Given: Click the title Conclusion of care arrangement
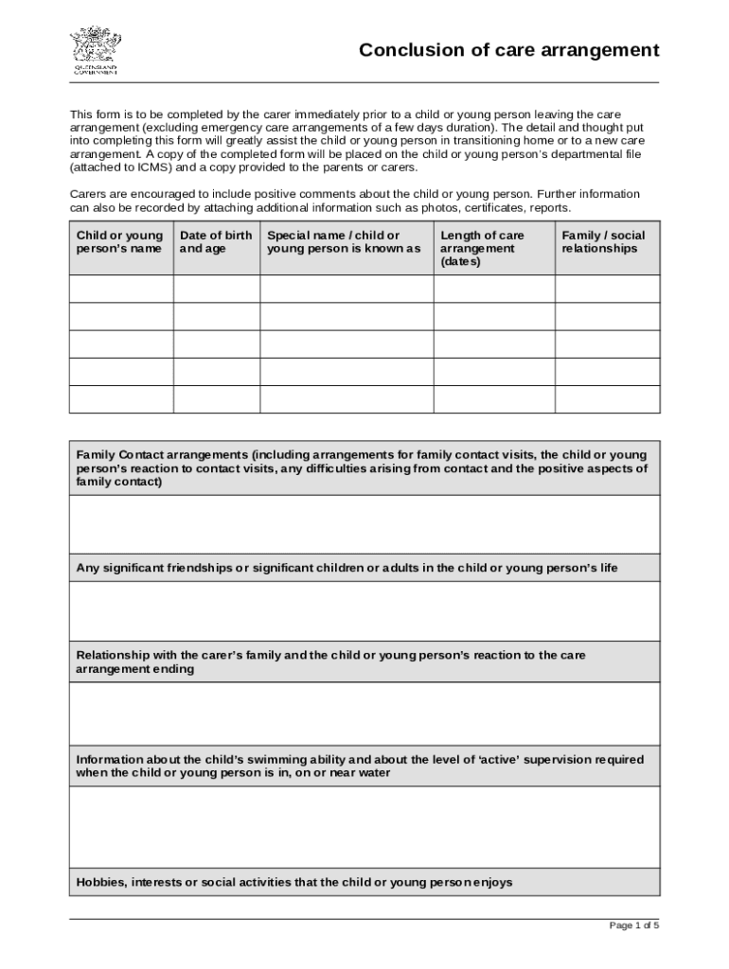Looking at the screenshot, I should tap(508, 50).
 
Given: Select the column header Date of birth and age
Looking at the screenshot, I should tap(216, 242).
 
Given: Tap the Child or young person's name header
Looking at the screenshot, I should tap(120, 242).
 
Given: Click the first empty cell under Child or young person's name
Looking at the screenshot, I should tap(121, 289).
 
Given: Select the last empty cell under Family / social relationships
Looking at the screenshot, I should tap(607, 399).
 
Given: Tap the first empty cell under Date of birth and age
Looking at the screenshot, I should tap(217, 289).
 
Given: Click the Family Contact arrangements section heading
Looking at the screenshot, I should tap(363, 467).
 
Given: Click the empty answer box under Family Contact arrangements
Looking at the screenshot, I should tap(364, 524).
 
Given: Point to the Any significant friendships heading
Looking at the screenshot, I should tap(347, 568).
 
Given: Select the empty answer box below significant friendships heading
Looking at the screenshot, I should tap(364, 611).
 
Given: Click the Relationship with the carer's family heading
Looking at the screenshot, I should tap(330, 661).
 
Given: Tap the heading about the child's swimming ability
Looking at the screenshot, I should tap(360, 766).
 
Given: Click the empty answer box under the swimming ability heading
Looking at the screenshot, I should tap(364, 827).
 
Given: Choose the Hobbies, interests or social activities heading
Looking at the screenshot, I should tap(294, 882).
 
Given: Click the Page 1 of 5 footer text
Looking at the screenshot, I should tap(633, 925).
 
